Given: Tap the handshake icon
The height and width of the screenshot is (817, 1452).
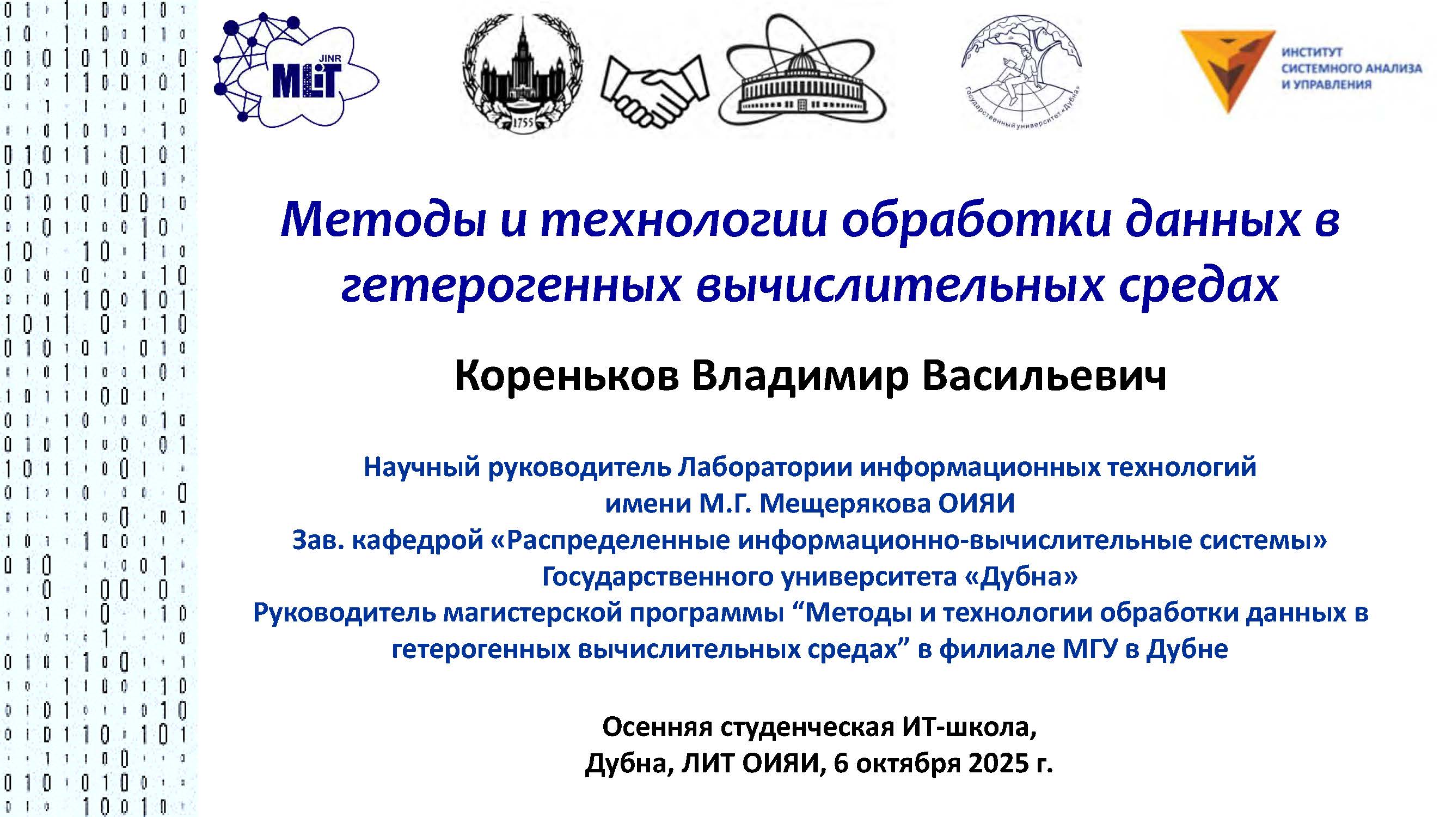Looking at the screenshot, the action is point(655,90).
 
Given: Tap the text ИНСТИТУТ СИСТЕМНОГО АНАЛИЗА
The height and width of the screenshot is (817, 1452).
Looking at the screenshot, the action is point(1351,60).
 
